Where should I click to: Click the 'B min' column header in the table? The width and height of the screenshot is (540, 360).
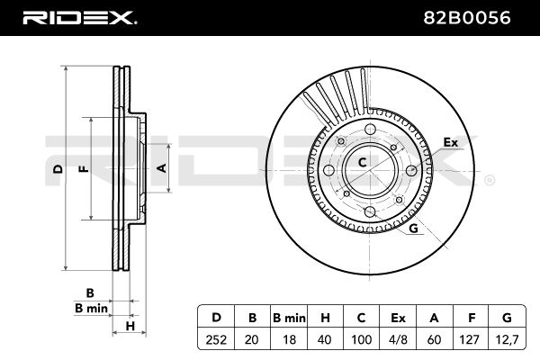pyautogui.click(x=289, y=317)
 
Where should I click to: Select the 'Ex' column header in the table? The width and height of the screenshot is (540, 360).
pyautogui.click(x=398, y=317)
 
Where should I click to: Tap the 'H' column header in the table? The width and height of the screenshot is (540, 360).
pyautogui.click(x=326, y=317)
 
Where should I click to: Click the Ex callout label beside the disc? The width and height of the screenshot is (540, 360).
pyautogui.click(x=451, y=142)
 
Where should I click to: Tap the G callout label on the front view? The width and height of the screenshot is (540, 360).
pyautogui.click(x=413, y=229)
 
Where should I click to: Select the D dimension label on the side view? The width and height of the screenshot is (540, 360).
pyautogui.click(x=57, y=169)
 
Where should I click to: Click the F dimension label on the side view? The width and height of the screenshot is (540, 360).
pyautogui.click(x=83, y=169)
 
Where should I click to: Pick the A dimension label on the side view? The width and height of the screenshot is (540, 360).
pyautogui.click(x=162, y=167)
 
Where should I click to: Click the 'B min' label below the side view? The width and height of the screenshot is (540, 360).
pyautogui.click(x=91, y=309)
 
